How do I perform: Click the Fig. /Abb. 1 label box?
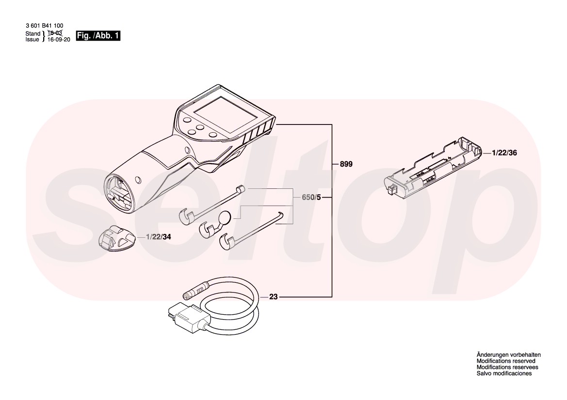click(98, 36)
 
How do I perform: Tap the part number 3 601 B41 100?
click(44, 26)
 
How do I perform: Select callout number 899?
click(346, 165)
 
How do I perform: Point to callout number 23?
click(274, 297)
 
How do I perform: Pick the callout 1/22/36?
click(504, 153)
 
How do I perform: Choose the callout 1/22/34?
click(159, 237)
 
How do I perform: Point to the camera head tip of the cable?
click(191, 294)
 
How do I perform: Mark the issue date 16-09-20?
click(59, 40)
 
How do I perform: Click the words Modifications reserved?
click(505, 361)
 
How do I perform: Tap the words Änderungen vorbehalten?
click(508, 355)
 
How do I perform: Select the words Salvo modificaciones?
click(504, 374)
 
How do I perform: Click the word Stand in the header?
click(32, 34)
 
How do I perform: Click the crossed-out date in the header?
click(55, 33)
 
